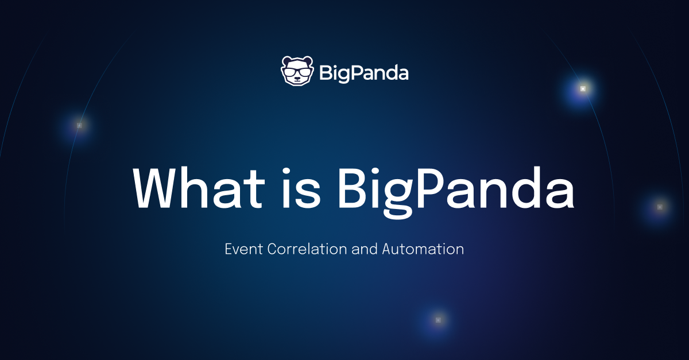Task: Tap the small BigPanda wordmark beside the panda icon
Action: click(x=363, y=73)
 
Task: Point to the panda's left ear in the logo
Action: click(x=285, y=60)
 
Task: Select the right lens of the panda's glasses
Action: click(x=305, y=72)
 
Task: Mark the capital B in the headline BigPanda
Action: click(x=353, y=188)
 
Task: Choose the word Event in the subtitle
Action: click(x=242, y=249)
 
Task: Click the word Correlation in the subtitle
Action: click(x=305, y=249)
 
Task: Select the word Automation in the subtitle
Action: click(x=423, y=249)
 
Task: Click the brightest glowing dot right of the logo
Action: click(x=583, y=89)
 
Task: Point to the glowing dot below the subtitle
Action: click(x=438, y=320)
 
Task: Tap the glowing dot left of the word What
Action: click(x=79, y=125)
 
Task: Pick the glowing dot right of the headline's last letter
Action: click(x=660, y=206)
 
